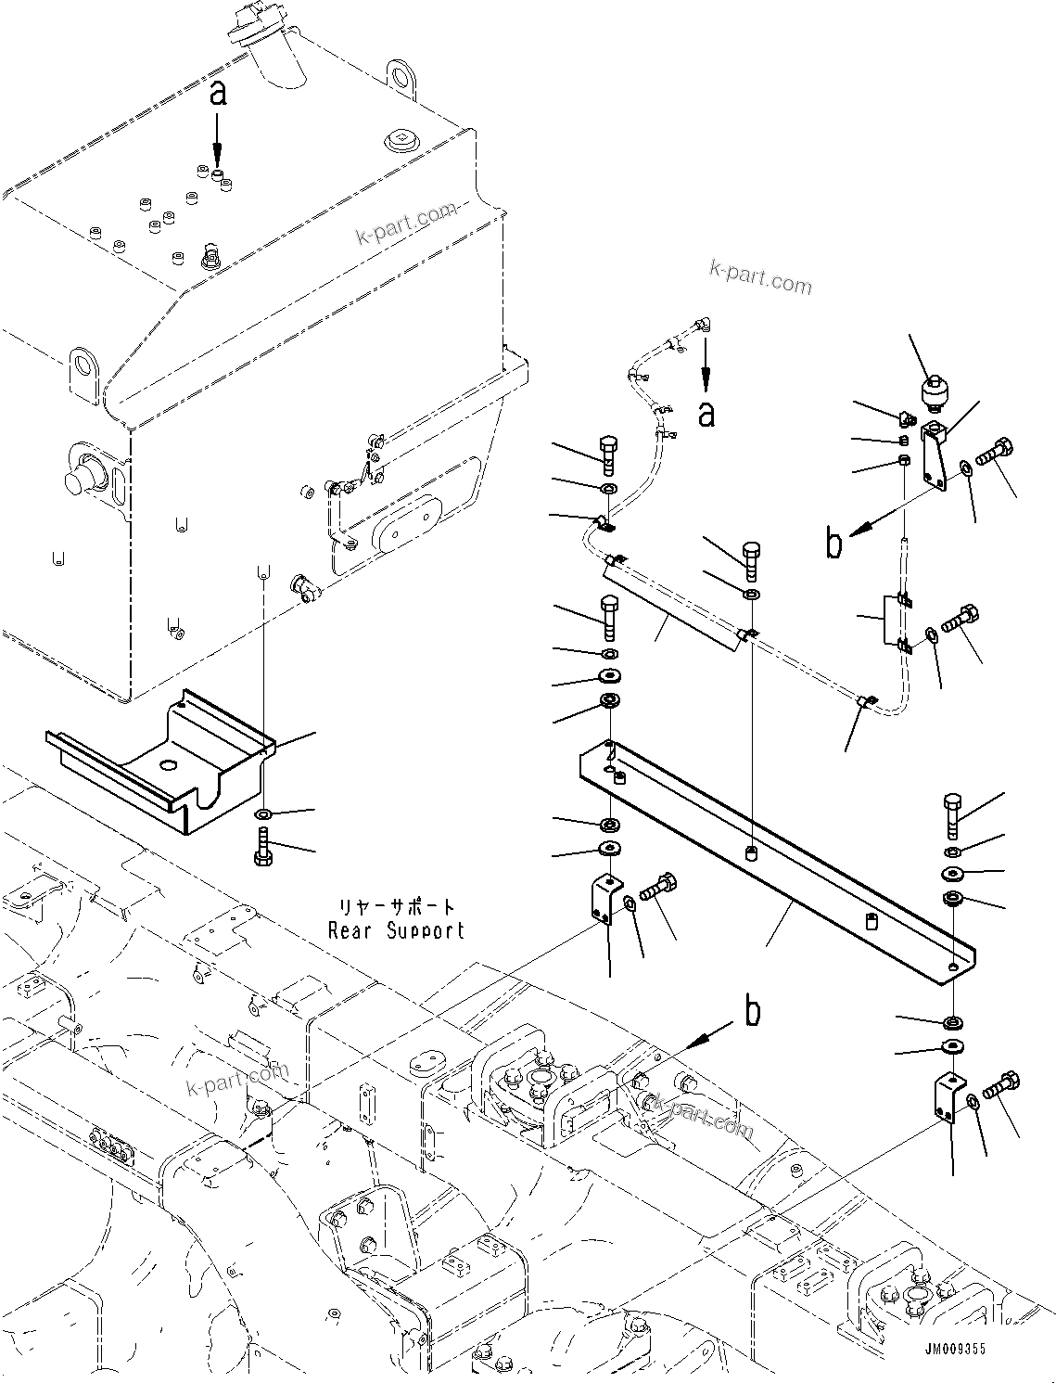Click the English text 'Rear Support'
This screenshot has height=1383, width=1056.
tap(396, 930)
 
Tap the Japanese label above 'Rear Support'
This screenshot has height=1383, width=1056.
tap(397, 906)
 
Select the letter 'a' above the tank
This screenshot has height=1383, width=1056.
tap(217, 94)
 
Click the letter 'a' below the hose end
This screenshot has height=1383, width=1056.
tap(706, 415)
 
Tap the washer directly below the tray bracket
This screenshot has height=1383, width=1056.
tap(262, 814)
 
